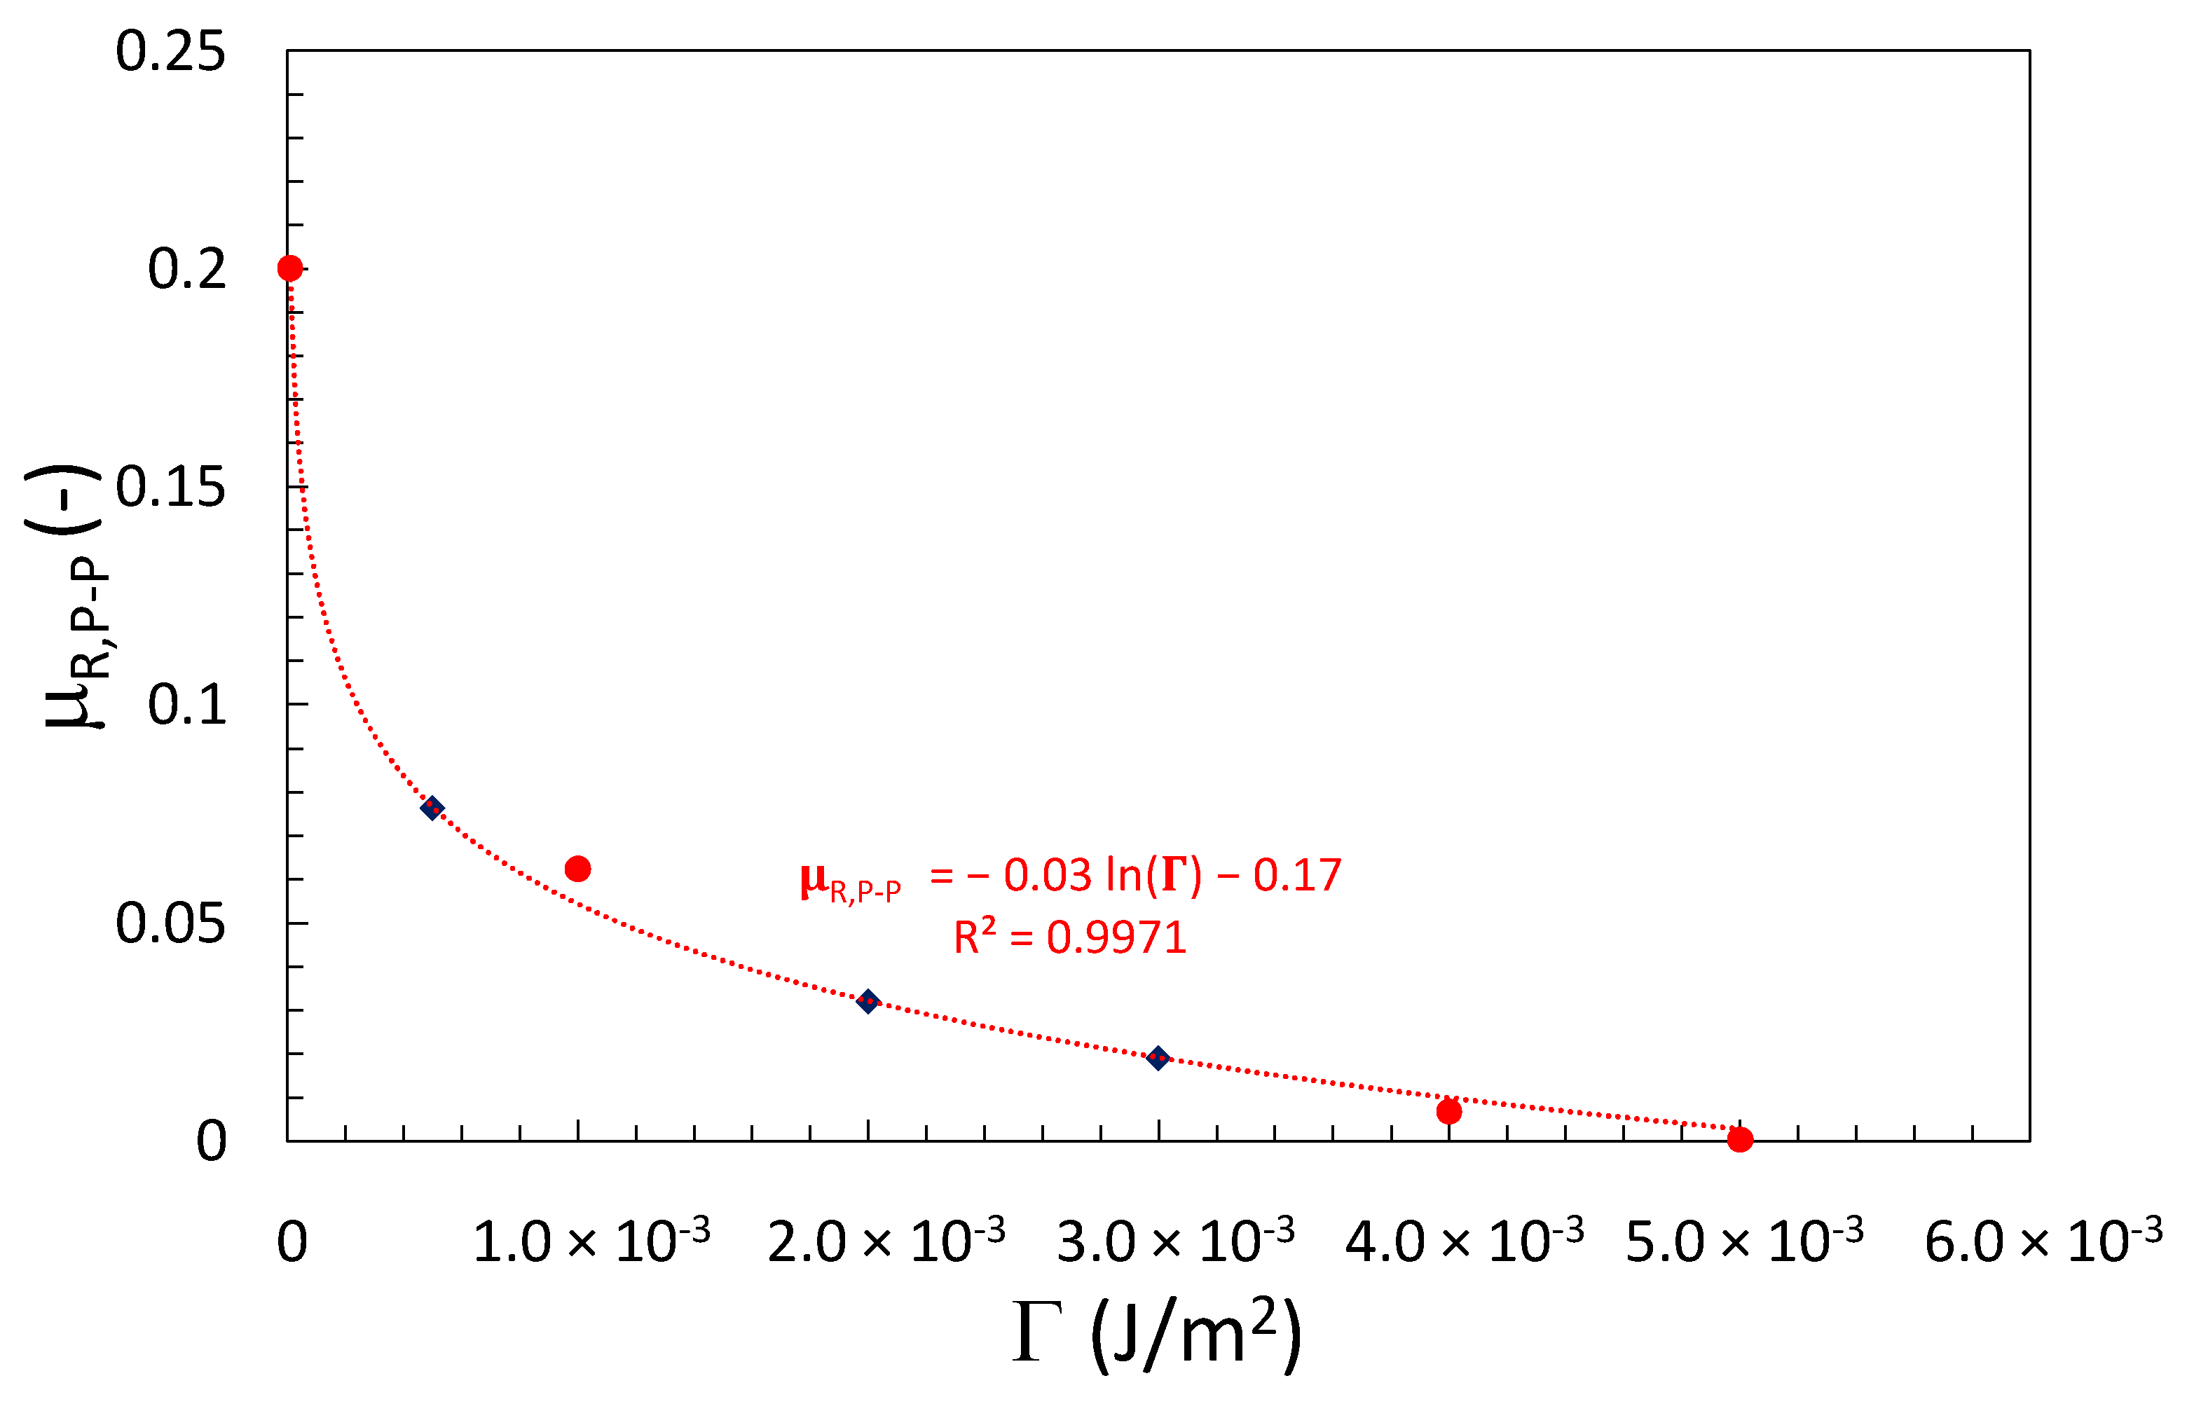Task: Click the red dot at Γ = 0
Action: pyautogui.click(x=290, y=268)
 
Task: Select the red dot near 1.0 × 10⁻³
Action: pyautogui.click(x=578, y=869)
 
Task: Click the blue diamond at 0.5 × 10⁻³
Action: pyautogui.click(x=432, y=808)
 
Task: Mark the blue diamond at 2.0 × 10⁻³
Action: pyautogui.click(x=868, y=1002)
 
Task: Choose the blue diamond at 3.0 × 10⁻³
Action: pyautogui.click(x=1158, y=1059)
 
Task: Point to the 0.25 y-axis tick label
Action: pyautogui.click(x=170, y=51)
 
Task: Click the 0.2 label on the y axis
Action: pyautogui.click(x=187, y=269)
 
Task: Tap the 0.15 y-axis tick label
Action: pyautogui.click(x=170, y=487)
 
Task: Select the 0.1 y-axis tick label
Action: pyautogui.click(x=187, y=705)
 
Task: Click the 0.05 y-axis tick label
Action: pyautogui.click(x=170, y=923)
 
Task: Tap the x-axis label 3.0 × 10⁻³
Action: pyautogui.click(x=1175, y=1241)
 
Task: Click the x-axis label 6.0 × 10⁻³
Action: pyautogui.click(x=2043, y=1241)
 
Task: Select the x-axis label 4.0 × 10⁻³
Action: pyautogui.click(x=1465, y=1241)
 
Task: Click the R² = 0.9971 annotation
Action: pyautogui.click(x=1069, y=937)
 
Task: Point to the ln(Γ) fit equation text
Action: pyautogui.click(x=1071, y=877)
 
